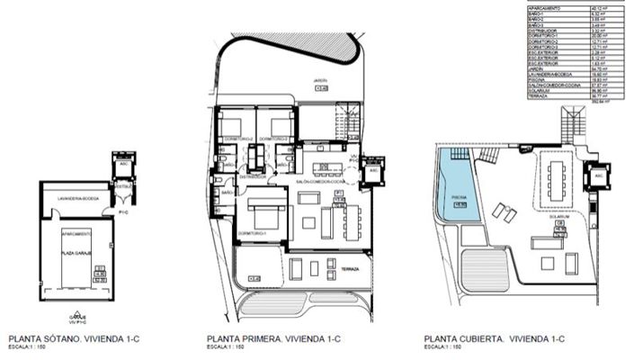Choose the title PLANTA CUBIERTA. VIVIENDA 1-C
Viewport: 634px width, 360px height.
(493, 339)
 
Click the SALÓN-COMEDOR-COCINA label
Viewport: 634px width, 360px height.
(317, 181)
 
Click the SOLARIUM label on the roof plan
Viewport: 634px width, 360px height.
(562, 216)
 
